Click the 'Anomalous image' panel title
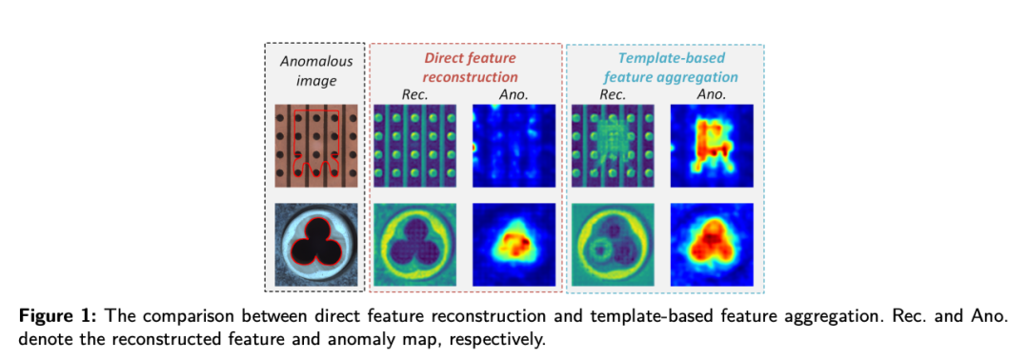coord(316,71)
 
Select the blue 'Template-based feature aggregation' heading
coord(665,68)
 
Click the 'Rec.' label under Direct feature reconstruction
coord(414,95)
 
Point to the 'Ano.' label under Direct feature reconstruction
coord(514,95)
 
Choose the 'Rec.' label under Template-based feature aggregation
coord(613,95)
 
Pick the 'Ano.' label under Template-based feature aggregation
coord(712,95)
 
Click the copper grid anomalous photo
coord(316,146)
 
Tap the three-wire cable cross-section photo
coord(316,245)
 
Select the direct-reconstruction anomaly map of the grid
coord(514,146)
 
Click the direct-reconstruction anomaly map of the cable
coord(514,245)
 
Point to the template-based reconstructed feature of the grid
coord(613,146)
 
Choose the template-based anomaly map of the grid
coord(712,146)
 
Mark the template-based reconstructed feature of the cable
coord(613,245)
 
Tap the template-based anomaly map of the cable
coord(712,245)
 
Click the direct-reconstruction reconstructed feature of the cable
coord(414,245)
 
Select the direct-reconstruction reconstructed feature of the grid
coord(414,146)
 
